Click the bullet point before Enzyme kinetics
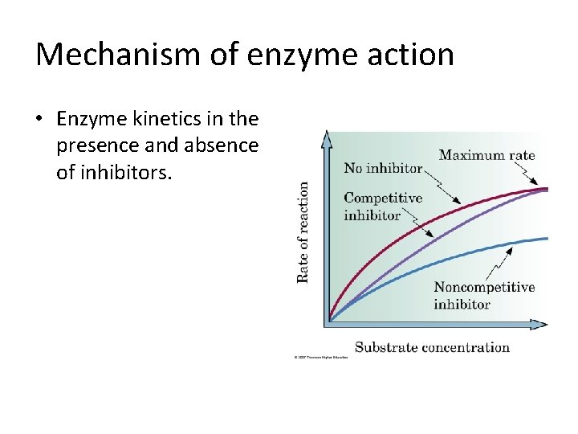point(39,120)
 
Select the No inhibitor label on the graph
point(383,168)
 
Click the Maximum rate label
point(486,155)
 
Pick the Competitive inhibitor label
point(383,206)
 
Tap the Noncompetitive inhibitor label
point(484,296)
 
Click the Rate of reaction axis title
point(303,231)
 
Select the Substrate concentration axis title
point(432,347)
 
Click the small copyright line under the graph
point(320,358)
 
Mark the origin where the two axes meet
point(328,323)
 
